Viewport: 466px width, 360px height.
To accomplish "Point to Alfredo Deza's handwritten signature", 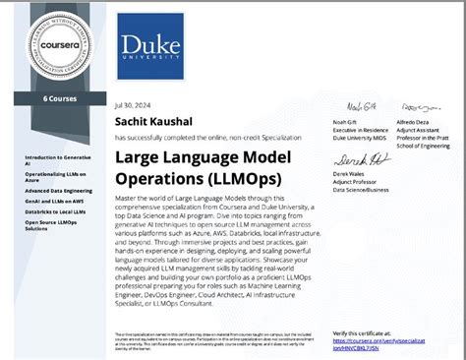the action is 411,106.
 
